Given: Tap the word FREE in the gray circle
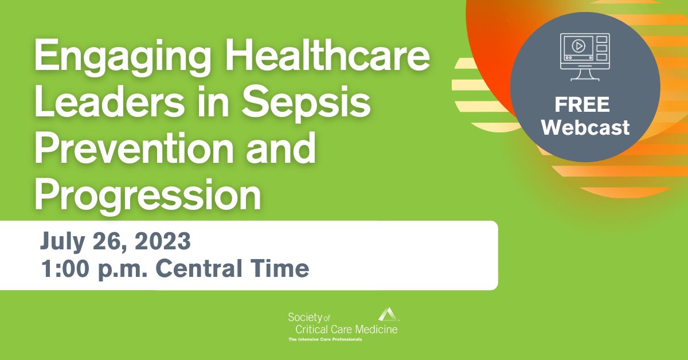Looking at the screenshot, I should pyautogui.click(x=582, y=106).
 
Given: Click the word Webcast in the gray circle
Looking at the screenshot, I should pyautogui.click(x=585, y=127).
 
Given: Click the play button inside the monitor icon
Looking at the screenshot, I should pyautogui.click(x=578, y=46).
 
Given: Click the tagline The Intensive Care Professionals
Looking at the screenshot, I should pyautogui.click(x=325, y=339).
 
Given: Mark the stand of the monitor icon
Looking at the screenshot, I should pyautogui.click(x=584, y=75).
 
